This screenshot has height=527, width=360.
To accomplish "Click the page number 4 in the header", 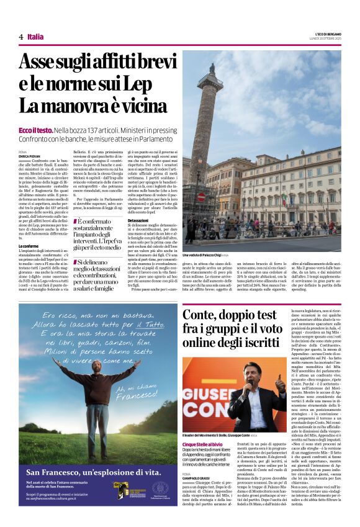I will click(x=20, y=37).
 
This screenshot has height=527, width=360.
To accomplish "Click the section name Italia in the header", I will click(x=36, y=37).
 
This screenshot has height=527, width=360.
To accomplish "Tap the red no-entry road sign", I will click(x=201, y=197).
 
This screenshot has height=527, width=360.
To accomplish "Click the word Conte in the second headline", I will click(x=197, y=315).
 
